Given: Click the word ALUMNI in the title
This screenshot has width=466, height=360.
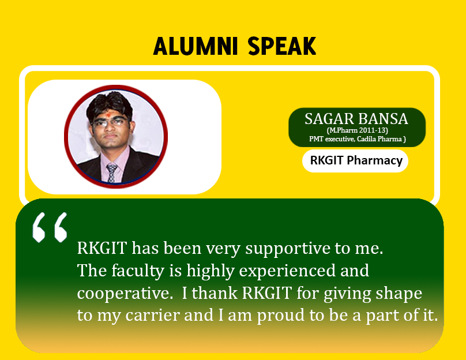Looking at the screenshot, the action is (x=196, y=46).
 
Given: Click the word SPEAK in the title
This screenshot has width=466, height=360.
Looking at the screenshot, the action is (x=282, y=46).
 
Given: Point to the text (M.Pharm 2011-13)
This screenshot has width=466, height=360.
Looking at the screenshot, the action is (x=357, y=130).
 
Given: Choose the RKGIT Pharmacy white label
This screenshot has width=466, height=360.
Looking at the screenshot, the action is (x=355, y=161).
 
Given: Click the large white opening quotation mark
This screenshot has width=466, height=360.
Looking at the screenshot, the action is (x=50, y=227).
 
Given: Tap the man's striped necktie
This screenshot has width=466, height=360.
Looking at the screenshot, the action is (x=112, y=172).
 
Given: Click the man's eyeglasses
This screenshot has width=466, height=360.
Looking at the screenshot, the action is (x=111, y=122).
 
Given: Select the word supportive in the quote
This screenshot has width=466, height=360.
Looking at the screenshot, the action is (x=288, y=248).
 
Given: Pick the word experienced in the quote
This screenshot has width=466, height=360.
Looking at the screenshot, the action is (x=287, y=271).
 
